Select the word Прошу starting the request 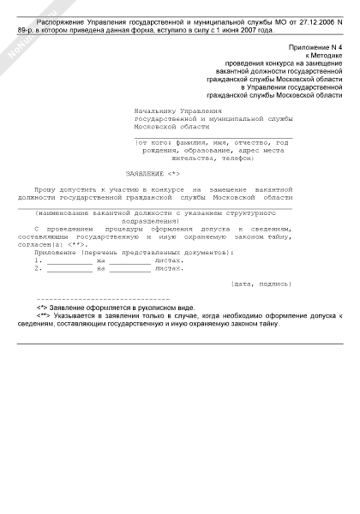[45, 188]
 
